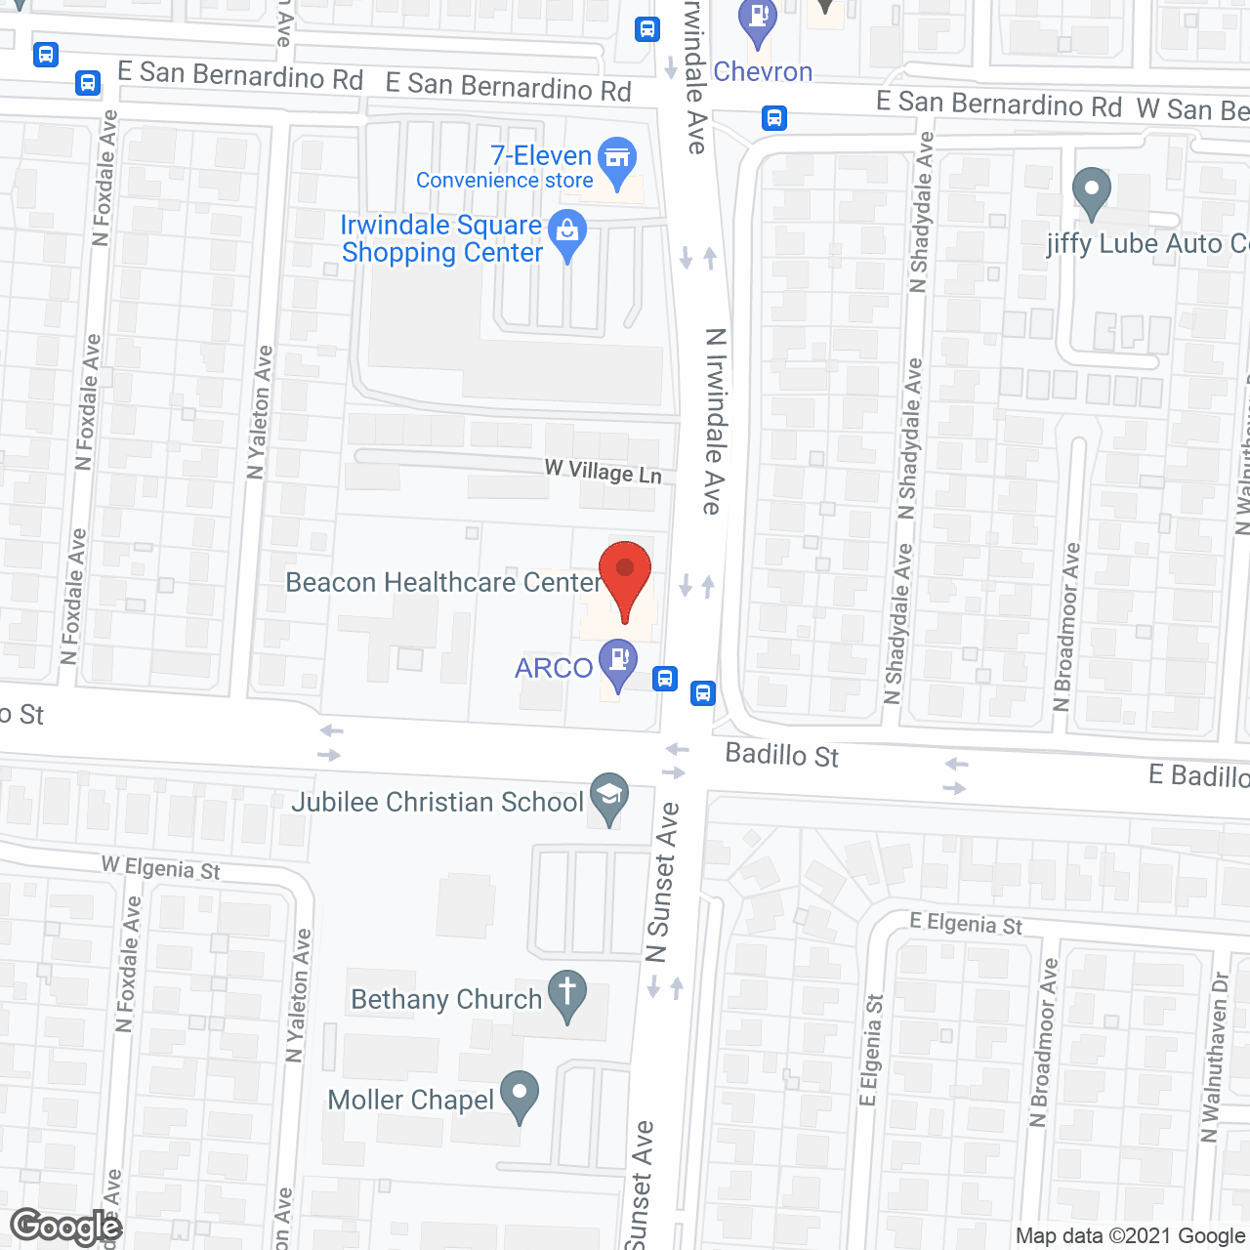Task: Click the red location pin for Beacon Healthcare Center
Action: pyautogui.click(x=625, y=576)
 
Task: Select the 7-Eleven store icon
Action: pyautogui.click(x=617, y=158)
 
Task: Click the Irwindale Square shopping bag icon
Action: pyautogui.click(x=567, y=232)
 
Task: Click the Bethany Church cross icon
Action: pyautogui.click(x=567, y=992)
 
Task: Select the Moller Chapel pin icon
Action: pyautogui.click(x=520, y=1093)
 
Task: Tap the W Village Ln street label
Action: pyautogui.click(x=604, y=472)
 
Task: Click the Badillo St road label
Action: pyautogui.click(x=781, y=755)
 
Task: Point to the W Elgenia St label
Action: pyautogui.click(x=161, y=867)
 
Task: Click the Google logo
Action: pyautogui.click(x=66, y=1227)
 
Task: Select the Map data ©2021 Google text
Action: pyautogui.click(x=1130, y=1236)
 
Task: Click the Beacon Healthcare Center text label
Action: pyautogui.click(x=443, y=582)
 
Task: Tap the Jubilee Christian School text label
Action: pyautogui.click(x=437, y=802)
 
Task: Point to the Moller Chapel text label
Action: pyautogui.click(x=411, y=1100)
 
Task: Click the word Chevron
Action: pyautogui.click(x=763, y=71)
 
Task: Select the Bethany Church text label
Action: pyautogui.click(x=446, y=999)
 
